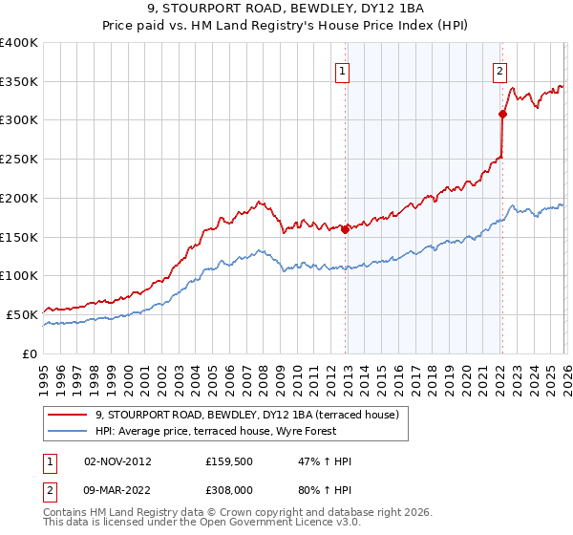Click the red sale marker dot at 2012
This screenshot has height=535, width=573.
tap(345, 229)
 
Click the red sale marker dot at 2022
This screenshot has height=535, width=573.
tap(502, 114)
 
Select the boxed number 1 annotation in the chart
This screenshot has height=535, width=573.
tap(341, 69)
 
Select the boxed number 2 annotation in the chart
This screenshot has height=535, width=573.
tap(499, 69)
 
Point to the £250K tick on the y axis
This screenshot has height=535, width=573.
tap(19, 160)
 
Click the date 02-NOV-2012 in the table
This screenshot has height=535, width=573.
tap(117, 461)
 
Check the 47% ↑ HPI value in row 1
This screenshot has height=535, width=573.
tap(325, 461)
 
